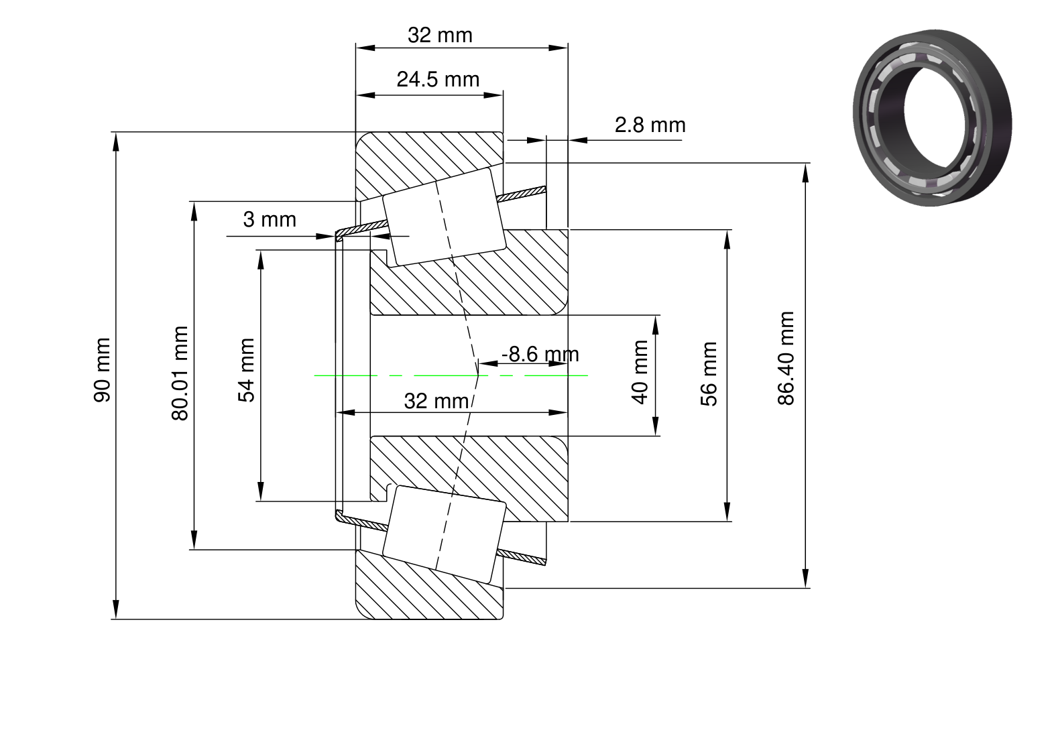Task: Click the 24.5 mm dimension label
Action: point(438,79)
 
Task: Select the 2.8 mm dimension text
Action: point(650,125)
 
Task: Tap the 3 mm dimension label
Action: point(270,219)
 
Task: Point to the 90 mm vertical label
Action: point(102,370)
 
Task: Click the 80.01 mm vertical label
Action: point(180,373)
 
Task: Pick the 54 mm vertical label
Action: point(246,371)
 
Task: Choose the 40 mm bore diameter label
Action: point(640,372)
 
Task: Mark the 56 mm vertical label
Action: point(709,373)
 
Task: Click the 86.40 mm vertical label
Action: point(786,358)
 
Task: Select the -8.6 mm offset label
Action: point(540,354)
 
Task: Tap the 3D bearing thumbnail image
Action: point(932,117)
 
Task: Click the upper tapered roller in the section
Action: point(445,217)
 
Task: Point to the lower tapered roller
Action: point(445,534)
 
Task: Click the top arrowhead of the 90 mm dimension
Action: point(116,141)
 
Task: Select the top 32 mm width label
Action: point(440,36)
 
